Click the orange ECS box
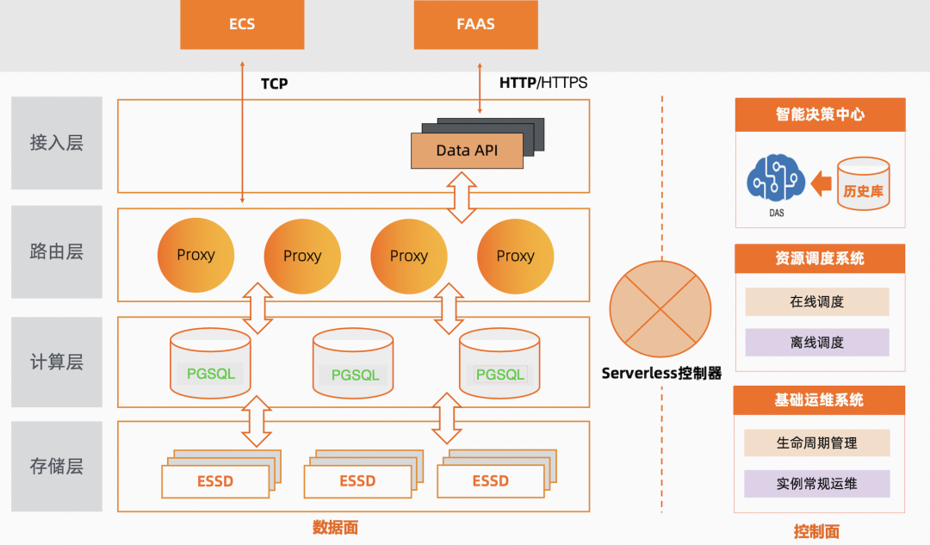pyautogui.click(x=242, y=24)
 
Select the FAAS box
pyautogui.click(x=475, y=24)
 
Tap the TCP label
pyautogui.click(x=274, y=84)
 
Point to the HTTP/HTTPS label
pyautogui.click(x=543, y=84)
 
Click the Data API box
pyautogui.click(x=466, y=151)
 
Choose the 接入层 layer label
pyautogui.click(x=56, y=142)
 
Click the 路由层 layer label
pyautogui.click(x=56, y=251)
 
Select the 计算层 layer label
pyautogui.click(x=56, y=362)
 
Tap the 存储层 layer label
pyautogui.click(x=56, y=466)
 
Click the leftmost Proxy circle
pyautogui.click(x=195, y=255)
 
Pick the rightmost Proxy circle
pyautogui.click(x=515, y=256)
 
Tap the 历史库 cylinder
pyautogui.click(x=863, y=184)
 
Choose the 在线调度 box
pyautogui.click(x=816, y=302)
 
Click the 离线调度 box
pyautogui.click(x=816, y=342)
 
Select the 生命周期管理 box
pyautogui.click(x=816, y=443)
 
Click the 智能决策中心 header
pyautogui.click(x=819, y=114)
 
